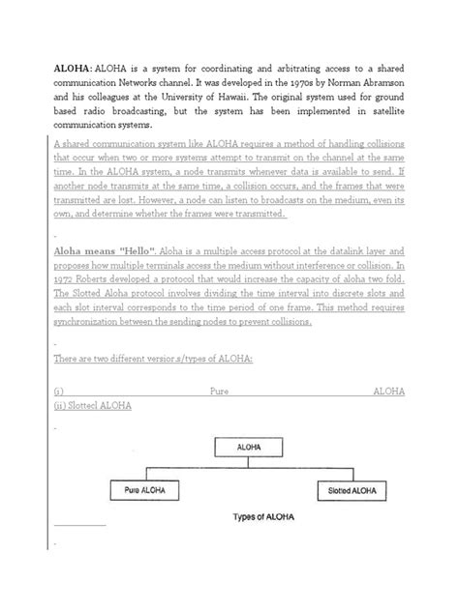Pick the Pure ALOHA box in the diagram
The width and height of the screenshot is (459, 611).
pos(145,490)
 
